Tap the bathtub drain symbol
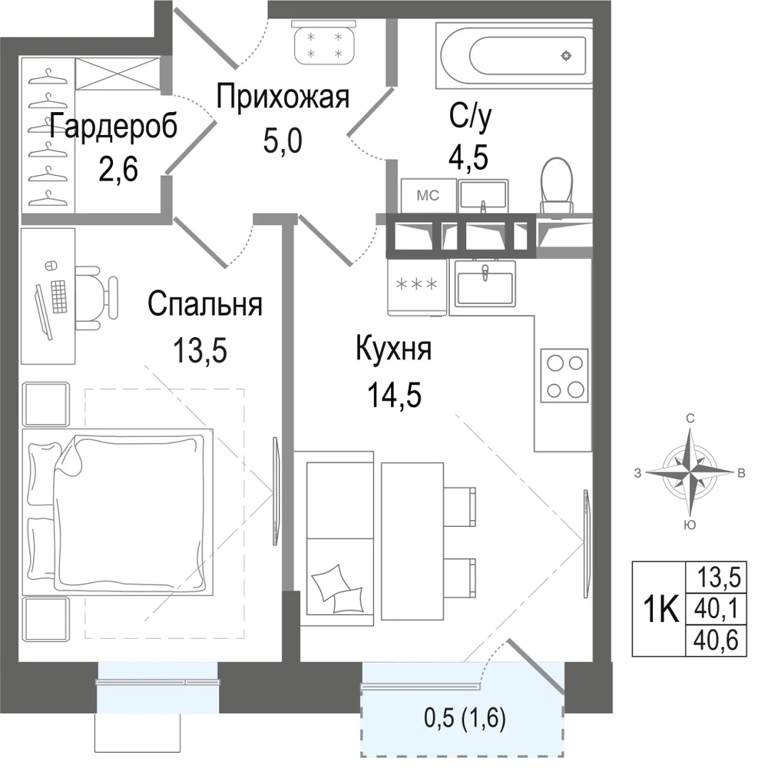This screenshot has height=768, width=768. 566,56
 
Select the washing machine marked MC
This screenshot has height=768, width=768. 429,195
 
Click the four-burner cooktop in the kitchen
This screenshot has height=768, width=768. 564,376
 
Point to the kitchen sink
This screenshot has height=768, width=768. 485,283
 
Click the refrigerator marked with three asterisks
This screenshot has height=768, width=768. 417,287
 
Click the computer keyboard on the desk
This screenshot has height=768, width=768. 59,296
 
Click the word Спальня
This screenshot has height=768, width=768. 205,304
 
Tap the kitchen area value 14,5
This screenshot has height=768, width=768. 394,395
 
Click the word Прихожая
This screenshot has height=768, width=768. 283,97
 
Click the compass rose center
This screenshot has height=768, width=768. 690,472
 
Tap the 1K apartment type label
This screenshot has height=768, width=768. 660,609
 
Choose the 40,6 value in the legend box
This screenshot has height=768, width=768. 716,641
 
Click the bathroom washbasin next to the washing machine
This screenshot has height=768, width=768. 483,196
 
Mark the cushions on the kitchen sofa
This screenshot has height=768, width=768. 338,589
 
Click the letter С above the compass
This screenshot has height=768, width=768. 690,418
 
